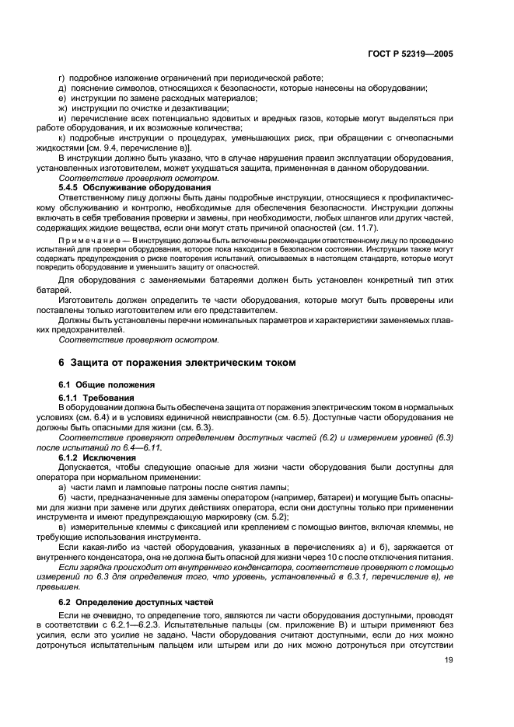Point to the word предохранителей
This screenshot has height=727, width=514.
(87, 329)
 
